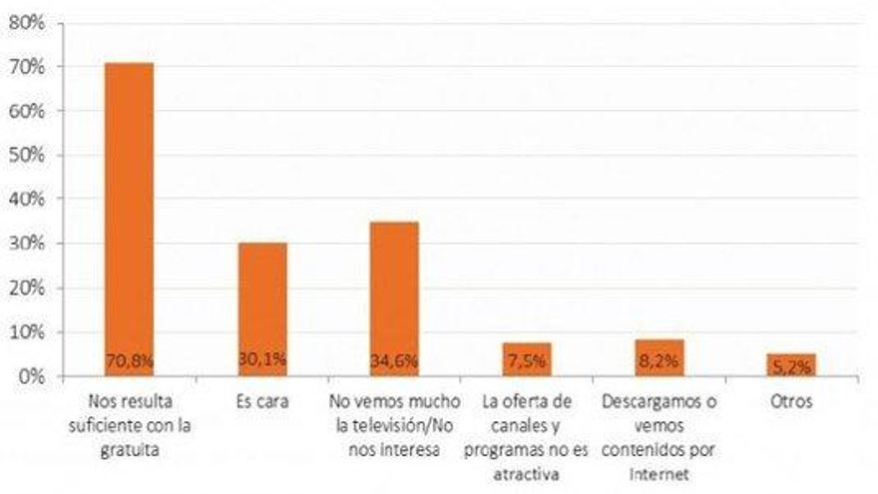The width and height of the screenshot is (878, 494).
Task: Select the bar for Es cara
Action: coord(262,299)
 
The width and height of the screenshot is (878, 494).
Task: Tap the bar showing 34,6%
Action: coord(394,289)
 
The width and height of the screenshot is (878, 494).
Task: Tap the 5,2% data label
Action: coord(790,366)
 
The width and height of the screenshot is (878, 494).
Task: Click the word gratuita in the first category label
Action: coord(130,446)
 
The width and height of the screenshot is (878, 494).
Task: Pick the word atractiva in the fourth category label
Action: coord(526,467)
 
